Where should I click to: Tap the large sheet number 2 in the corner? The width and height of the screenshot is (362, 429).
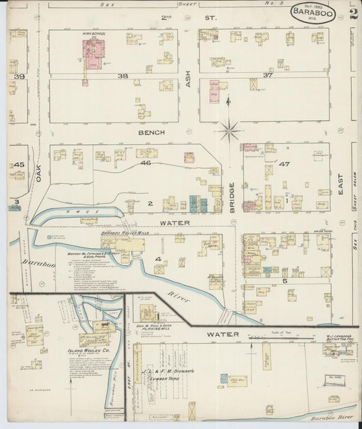[353, 13]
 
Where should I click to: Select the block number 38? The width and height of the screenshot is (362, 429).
[122, 76]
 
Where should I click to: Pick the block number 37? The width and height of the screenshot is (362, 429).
[267, 75]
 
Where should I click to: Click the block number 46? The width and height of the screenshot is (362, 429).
[145, 163]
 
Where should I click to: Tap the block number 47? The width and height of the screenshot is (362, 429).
[284, 165]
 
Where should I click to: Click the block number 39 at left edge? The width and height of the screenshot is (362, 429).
[19, 77]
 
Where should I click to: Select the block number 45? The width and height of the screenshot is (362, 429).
[19, 165]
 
